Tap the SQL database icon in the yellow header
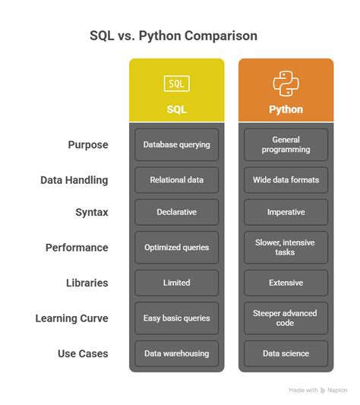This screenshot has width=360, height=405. (x=176, y=84)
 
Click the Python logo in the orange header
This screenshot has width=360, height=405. (x=286, y=83)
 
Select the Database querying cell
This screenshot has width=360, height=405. (x=176, y=144)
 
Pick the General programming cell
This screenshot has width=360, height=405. (x=286, y=144)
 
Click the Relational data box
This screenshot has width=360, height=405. (x=176, y=180)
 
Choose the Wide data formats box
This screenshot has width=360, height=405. (x=286, y=180)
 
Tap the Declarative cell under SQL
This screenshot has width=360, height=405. (x=176, y=212)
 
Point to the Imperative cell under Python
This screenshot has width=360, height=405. (x=286, y=212)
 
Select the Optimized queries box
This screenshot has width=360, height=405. (x=176, y=247)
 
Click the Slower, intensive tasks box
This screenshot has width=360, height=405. (x=286, y=247)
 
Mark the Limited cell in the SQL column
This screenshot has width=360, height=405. (x=176, y=283)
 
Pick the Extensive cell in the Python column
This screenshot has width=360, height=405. (x=286, y=283)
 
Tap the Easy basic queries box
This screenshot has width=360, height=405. (x=176, y=318)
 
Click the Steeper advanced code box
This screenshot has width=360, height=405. (x=286, y=318)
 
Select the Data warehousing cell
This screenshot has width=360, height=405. (x=176, y=353)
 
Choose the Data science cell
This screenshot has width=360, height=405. (x=286, y=353)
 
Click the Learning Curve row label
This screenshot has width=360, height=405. (x=71, y=318)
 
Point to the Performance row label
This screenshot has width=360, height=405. (x=77, y=247)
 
